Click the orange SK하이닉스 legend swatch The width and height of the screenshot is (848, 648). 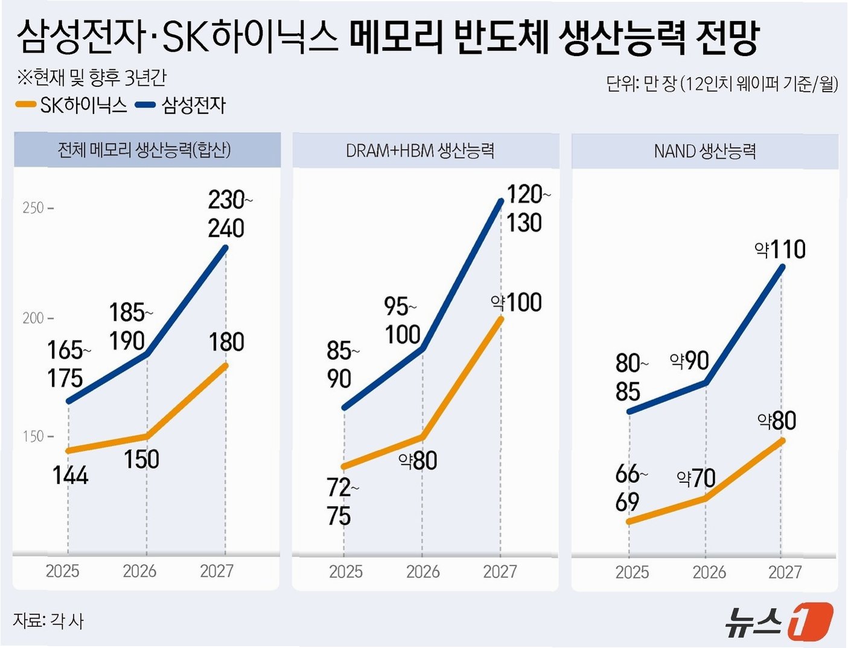[x=26, y=104]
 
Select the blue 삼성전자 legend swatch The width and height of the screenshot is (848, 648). [x=145, y=104]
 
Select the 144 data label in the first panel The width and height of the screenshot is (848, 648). [x=70, y=475]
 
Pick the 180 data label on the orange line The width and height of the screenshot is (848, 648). [x=226, y=342]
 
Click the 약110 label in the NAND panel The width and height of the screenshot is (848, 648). [x=780, y=249]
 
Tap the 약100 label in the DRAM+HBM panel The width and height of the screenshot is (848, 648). [x=516, y=303]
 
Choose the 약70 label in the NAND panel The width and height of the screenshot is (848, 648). [x=696, y=478]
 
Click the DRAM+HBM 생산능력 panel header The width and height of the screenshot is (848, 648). [x=420, y=151]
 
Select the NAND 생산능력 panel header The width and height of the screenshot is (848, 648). [x=705, y=151]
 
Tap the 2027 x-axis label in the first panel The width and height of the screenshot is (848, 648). [x=217, y=571]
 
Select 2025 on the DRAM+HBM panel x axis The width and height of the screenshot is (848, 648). [x=346, y=572]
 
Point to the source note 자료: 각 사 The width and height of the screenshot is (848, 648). [x=48, y=621]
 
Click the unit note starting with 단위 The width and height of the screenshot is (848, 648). [x=722, y=84]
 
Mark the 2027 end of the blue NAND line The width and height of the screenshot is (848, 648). [x=783, y=266]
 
